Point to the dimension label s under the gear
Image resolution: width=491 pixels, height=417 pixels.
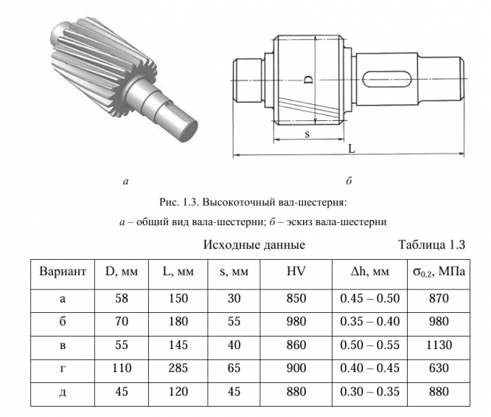point(307,135)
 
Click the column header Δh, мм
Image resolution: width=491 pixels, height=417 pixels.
point(369,273)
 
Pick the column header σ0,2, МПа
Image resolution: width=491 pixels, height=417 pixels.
point(441,273)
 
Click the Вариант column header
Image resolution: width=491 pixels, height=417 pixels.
point(63,273)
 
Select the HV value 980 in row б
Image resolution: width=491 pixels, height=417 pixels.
point(296,322)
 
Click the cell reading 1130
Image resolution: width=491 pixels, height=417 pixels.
point(441,345)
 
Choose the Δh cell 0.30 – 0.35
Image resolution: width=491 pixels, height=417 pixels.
point(369,391)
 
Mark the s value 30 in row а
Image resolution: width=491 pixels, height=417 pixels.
point(234,298)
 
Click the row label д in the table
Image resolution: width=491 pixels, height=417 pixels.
point(63,391)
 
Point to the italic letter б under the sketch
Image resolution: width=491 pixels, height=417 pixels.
point(349,180)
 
